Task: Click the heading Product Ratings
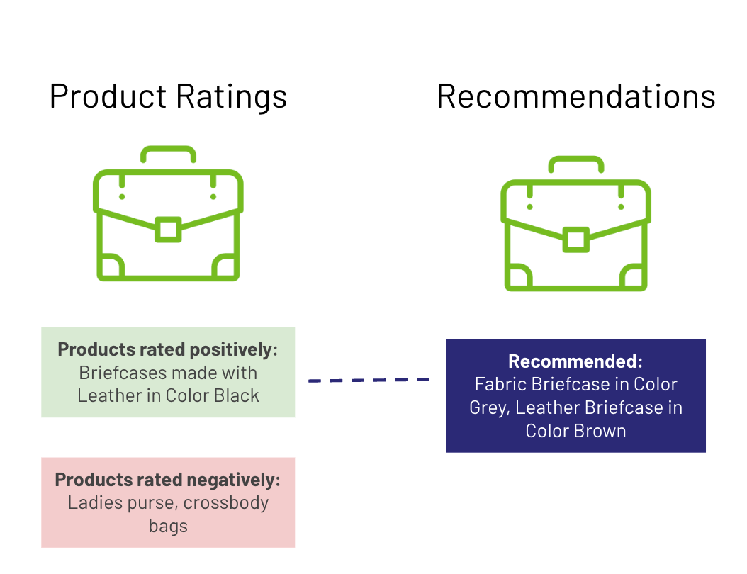click(x=168, y=96)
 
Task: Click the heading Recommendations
click(x=575, y=96)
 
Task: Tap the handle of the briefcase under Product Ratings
click(x=168, y=151)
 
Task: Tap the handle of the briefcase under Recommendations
click(x=575, y=162)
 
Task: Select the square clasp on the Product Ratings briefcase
click(x=168, y=230)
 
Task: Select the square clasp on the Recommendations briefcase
click(x=575, y=240)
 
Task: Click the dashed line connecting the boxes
click(x=369, y=381)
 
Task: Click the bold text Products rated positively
click(x=167, y=349)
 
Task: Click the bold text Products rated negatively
click(x=167, y=480)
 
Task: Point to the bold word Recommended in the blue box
click(x=575, y=361)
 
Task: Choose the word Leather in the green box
click(x=105, y=395)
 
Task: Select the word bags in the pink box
click(x=168, y=527)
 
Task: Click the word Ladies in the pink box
click(x=94, y=503)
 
